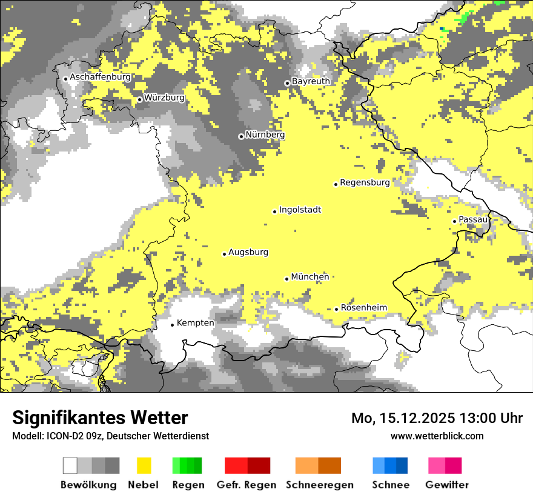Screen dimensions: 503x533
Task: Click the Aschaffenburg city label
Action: coord(100,77)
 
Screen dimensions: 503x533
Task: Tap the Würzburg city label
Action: coord(164,98)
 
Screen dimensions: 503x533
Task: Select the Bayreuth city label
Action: coord(311,81)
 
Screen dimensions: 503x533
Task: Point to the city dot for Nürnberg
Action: coord(241,136)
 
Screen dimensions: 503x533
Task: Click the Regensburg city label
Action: coord(365,182)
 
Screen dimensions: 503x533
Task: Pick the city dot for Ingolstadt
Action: coord(274,212)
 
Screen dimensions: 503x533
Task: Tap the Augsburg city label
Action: coord(248,252)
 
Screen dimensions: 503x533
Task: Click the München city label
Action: coord(310,277)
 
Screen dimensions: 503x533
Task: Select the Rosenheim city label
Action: coord(363,307)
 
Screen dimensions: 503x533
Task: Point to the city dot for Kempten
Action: coord(172,325)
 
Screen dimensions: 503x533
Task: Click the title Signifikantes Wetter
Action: coord(100,418)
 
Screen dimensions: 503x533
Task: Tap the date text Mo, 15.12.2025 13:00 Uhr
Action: coord(437,418)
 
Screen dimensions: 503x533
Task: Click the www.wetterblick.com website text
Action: coord(437,436)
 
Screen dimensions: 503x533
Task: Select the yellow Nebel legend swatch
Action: coord(144,465)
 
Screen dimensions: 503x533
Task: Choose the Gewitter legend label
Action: coord(446,485)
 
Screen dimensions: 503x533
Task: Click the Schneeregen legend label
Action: coord(319,485)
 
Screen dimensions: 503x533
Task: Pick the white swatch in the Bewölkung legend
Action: coord(70,465)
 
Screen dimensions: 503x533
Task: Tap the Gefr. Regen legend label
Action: coord(246,485)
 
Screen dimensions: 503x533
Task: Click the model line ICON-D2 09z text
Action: coord(110,436)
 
